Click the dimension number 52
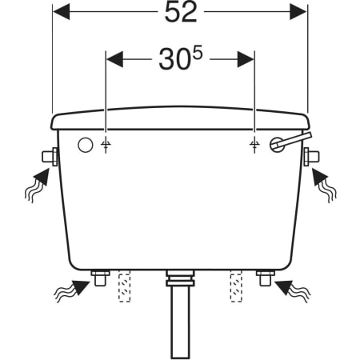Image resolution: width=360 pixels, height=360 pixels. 181,12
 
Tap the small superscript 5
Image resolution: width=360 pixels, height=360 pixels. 198,53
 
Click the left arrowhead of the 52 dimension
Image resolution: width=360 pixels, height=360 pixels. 62,12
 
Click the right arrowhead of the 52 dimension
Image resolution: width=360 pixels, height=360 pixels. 298,12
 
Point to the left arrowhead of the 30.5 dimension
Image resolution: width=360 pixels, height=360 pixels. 114,59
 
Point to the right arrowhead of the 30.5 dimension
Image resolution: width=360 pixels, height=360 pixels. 246,59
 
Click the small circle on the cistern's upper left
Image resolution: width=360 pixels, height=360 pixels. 86,146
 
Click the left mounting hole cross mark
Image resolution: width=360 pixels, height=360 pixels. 106,145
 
